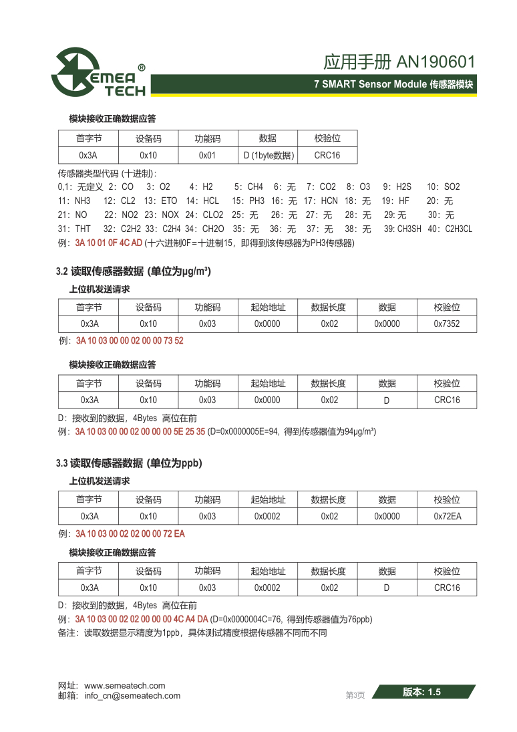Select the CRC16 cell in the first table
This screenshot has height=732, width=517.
[327, 156]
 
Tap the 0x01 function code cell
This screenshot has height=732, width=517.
[208, 156]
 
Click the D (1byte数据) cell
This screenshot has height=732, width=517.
[267, 156]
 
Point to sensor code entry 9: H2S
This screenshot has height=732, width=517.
[397, 187]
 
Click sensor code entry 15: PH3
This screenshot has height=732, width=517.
[248, 201]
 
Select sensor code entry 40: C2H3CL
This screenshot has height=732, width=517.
[450, 229]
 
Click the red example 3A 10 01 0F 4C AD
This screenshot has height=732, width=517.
[109, 243]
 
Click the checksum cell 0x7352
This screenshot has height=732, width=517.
[447, 324]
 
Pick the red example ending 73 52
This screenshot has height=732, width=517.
[130, 340]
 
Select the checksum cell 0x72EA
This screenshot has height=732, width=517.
[447, 516]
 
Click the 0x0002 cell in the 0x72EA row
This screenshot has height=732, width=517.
[267, 516]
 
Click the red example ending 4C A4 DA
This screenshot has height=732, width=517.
[142, 619]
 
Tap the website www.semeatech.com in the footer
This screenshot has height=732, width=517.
[124, 686]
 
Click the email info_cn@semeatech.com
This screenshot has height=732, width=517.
[132, 695]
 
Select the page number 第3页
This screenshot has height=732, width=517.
[355, 695]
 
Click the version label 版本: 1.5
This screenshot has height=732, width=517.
[422, 693]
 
